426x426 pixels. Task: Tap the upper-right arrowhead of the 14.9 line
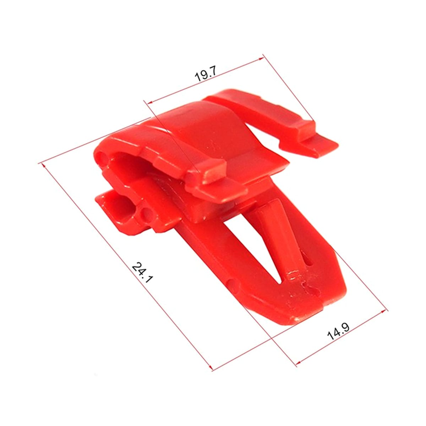pos(384,311)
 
